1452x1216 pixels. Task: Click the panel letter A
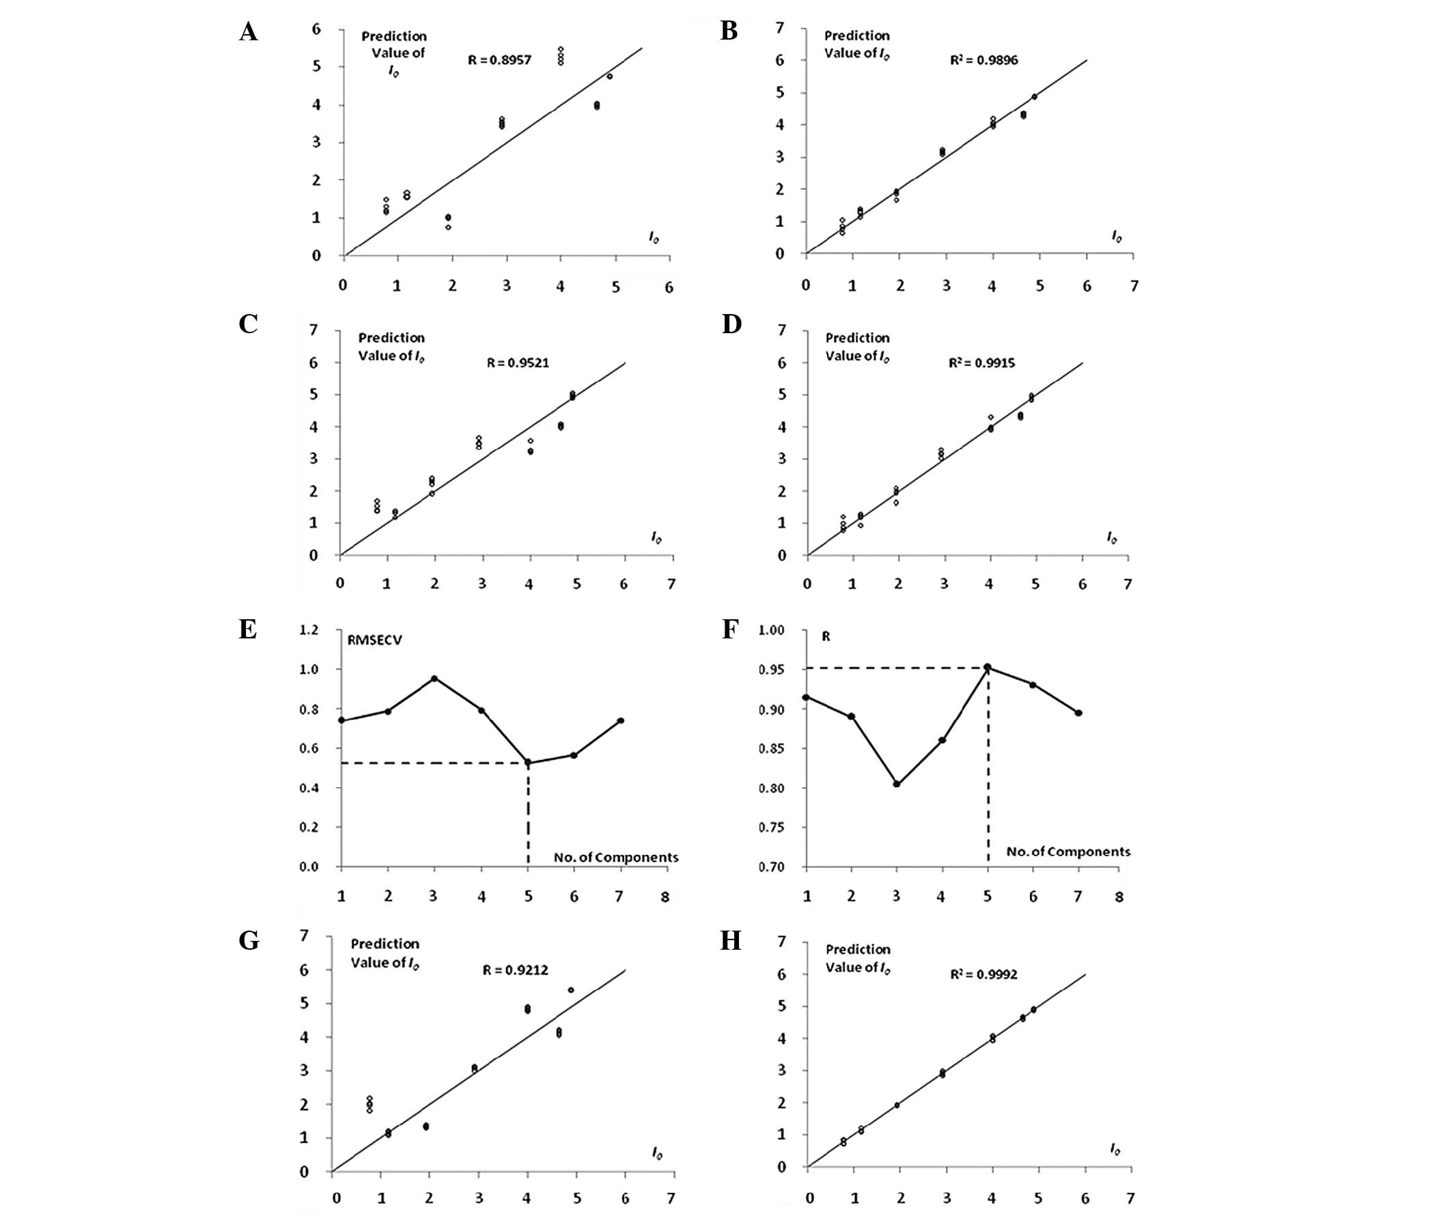248,32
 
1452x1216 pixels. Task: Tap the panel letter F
729,630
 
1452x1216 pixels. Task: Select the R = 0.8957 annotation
499,60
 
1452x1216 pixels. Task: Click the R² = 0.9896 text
983,60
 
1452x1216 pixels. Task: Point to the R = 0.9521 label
518,363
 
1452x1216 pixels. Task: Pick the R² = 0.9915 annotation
982,363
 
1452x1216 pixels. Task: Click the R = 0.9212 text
515,971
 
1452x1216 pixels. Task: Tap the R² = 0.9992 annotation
983,975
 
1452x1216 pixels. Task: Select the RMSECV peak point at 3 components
434,678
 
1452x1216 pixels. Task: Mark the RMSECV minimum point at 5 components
528,763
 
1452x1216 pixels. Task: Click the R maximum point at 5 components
988,667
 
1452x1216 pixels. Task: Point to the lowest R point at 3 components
897,784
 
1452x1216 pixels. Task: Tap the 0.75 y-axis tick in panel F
772,828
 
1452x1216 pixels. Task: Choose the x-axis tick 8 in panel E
665,897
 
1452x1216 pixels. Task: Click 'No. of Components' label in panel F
1068,851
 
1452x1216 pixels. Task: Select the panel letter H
731,941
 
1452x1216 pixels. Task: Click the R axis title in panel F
826,637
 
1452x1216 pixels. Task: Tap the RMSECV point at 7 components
620,720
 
